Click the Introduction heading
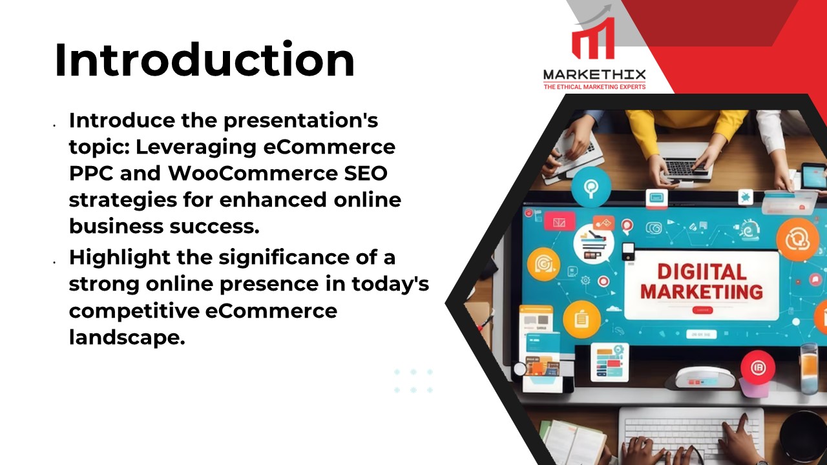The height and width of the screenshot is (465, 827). pos(204,60)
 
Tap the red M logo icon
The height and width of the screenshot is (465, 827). pos(592,41)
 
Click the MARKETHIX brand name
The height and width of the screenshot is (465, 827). pos(594,75)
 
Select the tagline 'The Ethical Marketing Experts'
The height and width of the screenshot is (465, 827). pos(594,87)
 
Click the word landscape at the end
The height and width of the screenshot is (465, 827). pos(123,337)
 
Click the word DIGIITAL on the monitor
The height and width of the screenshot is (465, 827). pos(701,272)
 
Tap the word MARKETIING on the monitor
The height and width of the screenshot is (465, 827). pos(701,291)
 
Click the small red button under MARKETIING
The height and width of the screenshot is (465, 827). pos(702,311)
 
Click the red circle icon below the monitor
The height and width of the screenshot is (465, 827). pos(757,367)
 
